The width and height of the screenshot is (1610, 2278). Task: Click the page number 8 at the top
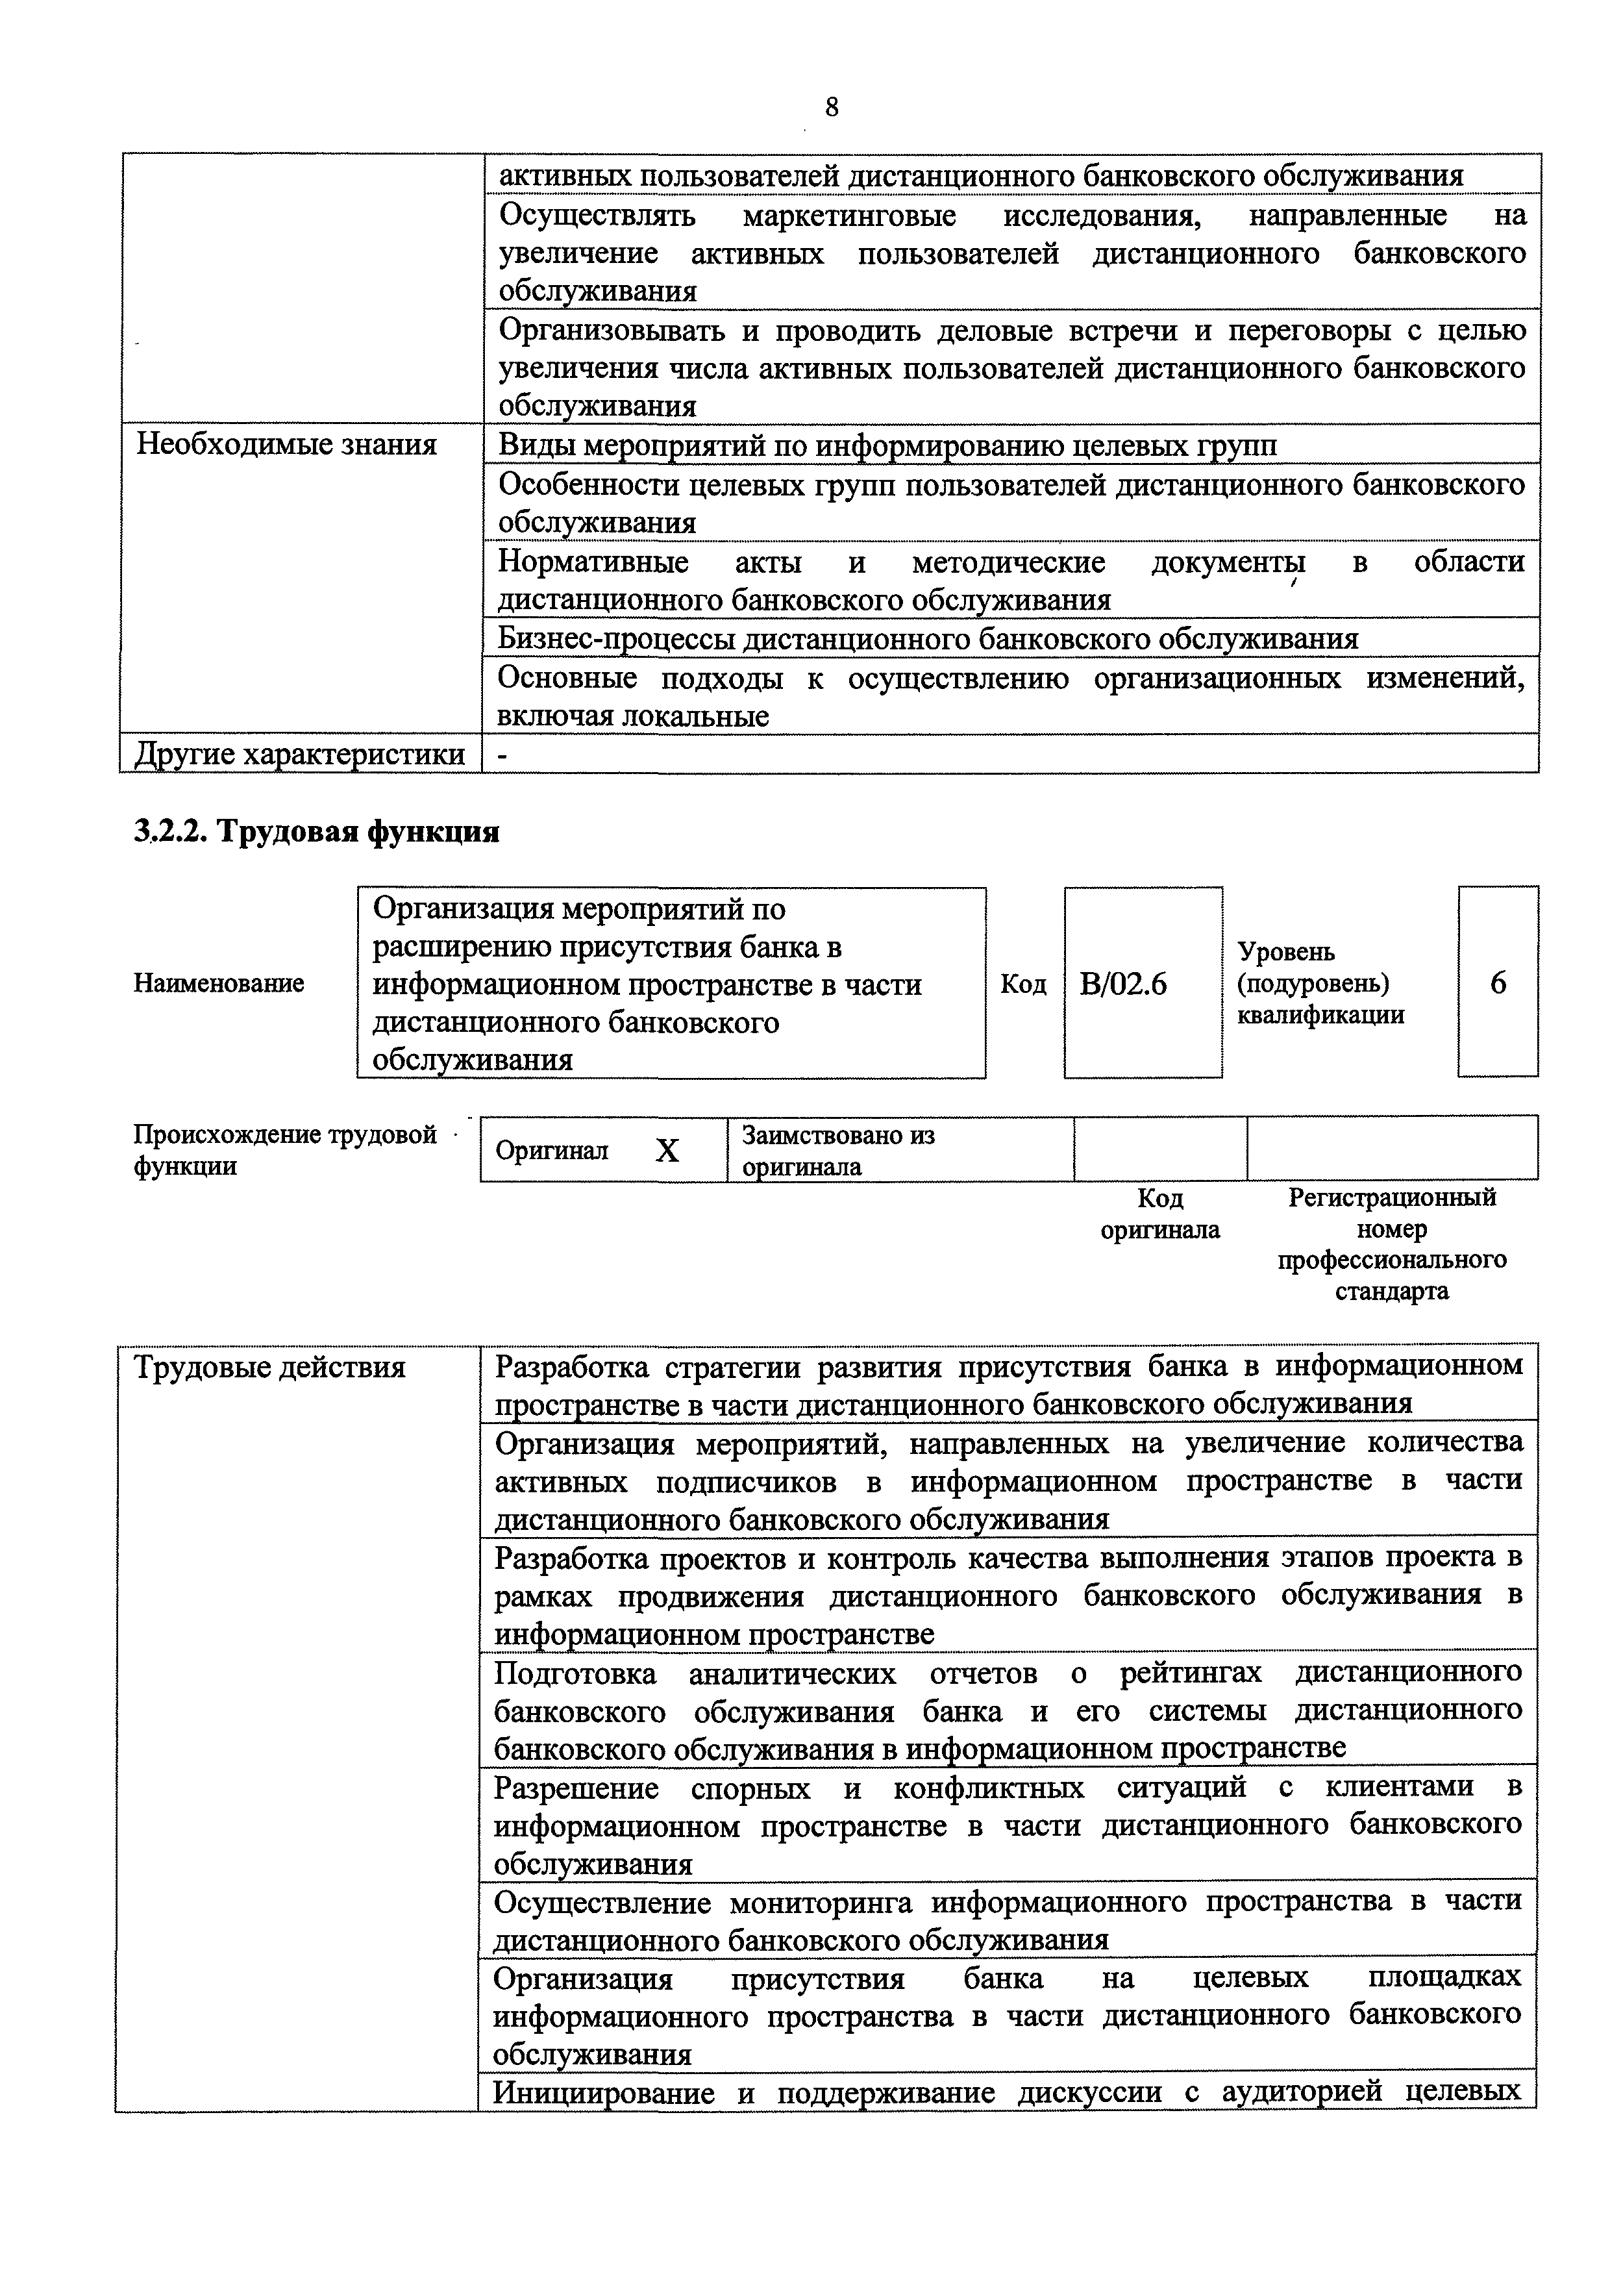[x=831, y=107]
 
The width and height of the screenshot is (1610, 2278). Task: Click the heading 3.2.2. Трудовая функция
[x=316, y=831]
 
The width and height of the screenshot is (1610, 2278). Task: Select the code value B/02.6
[x=1123, y=983]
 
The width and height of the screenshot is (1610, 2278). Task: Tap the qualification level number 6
[x=1498, y=983]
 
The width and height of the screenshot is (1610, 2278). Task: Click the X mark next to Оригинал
[x=667, y=1151]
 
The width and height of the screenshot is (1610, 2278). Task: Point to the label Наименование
[x=218, y=983]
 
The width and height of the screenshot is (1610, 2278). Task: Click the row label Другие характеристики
[x=299, y=754]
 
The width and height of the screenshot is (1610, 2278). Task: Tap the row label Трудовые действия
[x=270, y=1367]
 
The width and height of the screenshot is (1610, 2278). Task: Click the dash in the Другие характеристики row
[x=503, y=755]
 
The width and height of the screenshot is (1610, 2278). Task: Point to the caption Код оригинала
[x=1159, y=1214]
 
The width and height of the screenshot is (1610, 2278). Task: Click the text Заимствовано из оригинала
[x=837, y=1150]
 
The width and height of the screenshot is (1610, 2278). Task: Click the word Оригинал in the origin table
[x=552, y=1151]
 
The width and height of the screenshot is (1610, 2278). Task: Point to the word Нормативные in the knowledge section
[x=593, y=562]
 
